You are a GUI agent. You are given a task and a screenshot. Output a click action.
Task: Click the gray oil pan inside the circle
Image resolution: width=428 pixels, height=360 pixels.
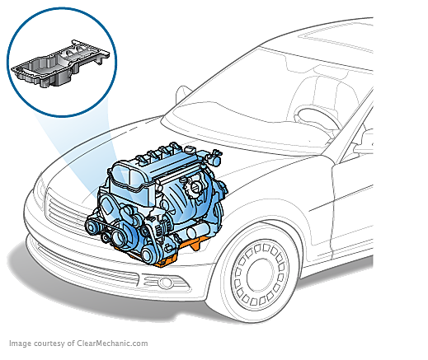pos(60,64)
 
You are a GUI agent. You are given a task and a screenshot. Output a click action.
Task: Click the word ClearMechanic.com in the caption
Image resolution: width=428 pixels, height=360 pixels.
pos(112,344)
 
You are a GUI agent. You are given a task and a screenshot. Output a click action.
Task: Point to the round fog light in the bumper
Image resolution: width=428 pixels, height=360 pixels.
pos(166,282)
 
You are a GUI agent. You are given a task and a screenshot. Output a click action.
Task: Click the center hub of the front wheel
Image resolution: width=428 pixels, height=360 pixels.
pos(261,275)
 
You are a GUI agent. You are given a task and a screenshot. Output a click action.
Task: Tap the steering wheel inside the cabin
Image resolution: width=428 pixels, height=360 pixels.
pos(316,119)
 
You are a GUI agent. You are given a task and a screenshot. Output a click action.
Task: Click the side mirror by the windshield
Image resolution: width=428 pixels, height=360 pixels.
pos(182,95)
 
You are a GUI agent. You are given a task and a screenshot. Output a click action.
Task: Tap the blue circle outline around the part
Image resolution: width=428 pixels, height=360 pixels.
pos(62,8)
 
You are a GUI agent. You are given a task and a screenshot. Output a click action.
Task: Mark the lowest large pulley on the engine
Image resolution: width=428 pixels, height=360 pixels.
pos(148,255)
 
